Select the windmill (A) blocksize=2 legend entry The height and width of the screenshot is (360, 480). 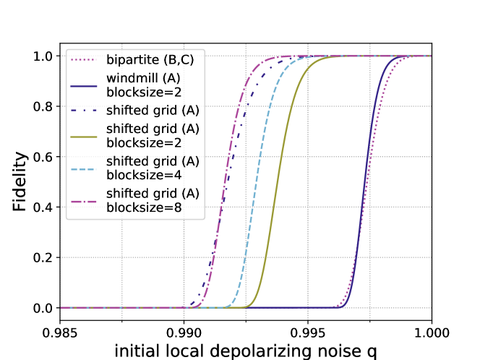137,85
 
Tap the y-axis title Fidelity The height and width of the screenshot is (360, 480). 21,182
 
